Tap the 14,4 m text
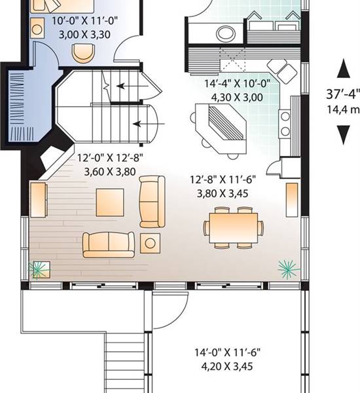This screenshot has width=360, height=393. tap(342, 109)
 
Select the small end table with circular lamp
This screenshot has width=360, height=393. tap(151, 243)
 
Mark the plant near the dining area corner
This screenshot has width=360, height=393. tap(286, 266)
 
